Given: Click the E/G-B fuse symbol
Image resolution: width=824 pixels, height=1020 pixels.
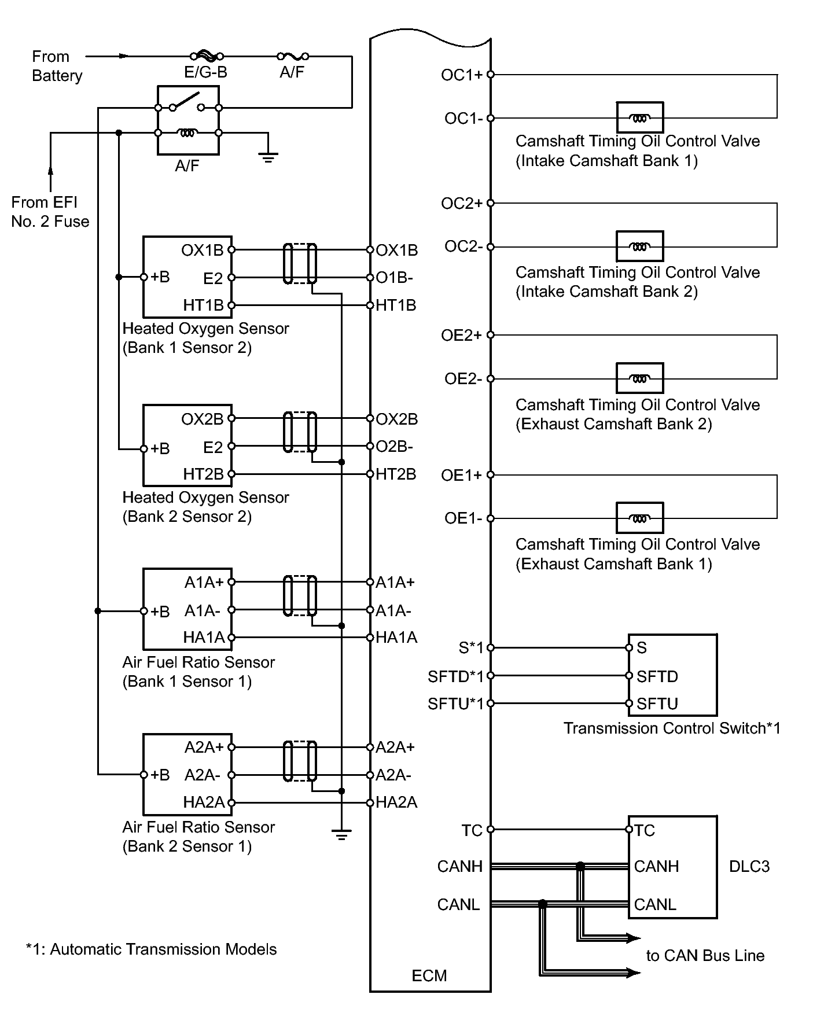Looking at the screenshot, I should [x=207, y=56].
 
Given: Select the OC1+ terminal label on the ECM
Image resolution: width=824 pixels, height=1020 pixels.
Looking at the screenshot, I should [x=461, y=75].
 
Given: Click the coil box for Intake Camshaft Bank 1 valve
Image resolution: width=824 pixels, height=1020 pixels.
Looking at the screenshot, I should [x=639, y=117].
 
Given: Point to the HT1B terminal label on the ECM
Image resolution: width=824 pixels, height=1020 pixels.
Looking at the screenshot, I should [x=396, y=305].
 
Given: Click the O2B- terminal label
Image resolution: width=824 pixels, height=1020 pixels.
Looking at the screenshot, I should [x=394, y=447].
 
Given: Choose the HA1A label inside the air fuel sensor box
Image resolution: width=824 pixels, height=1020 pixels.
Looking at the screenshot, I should [x=204, y=638].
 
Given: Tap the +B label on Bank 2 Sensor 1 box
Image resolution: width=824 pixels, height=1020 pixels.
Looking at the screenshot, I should [x=160, y=775].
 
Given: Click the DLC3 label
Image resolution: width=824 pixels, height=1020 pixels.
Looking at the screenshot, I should [x=749, y=866].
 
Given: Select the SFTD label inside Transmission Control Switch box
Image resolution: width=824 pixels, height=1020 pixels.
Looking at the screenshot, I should [x=657, y=676].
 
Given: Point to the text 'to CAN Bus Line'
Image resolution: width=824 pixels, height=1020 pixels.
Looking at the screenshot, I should [x=705, y=956].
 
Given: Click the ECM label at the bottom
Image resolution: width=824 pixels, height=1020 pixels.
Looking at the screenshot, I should [x=429, y=976].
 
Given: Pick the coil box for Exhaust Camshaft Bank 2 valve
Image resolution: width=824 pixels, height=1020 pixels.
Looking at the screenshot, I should [x=639, y=378].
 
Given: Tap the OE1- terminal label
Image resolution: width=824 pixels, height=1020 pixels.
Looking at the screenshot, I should [x=463, y=518].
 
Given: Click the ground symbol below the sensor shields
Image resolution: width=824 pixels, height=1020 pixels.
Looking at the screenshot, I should [x=341, y=835].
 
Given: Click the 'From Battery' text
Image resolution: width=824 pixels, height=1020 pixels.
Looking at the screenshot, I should [x=57, y=66].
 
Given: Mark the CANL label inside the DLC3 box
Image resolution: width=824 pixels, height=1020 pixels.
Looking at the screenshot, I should [x=655, y=904].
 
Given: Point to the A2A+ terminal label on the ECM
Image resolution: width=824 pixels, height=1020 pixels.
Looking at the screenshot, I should [x=395, y=747].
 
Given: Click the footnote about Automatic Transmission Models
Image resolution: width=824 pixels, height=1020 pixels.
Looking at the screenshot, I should [x=152, y=949].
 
